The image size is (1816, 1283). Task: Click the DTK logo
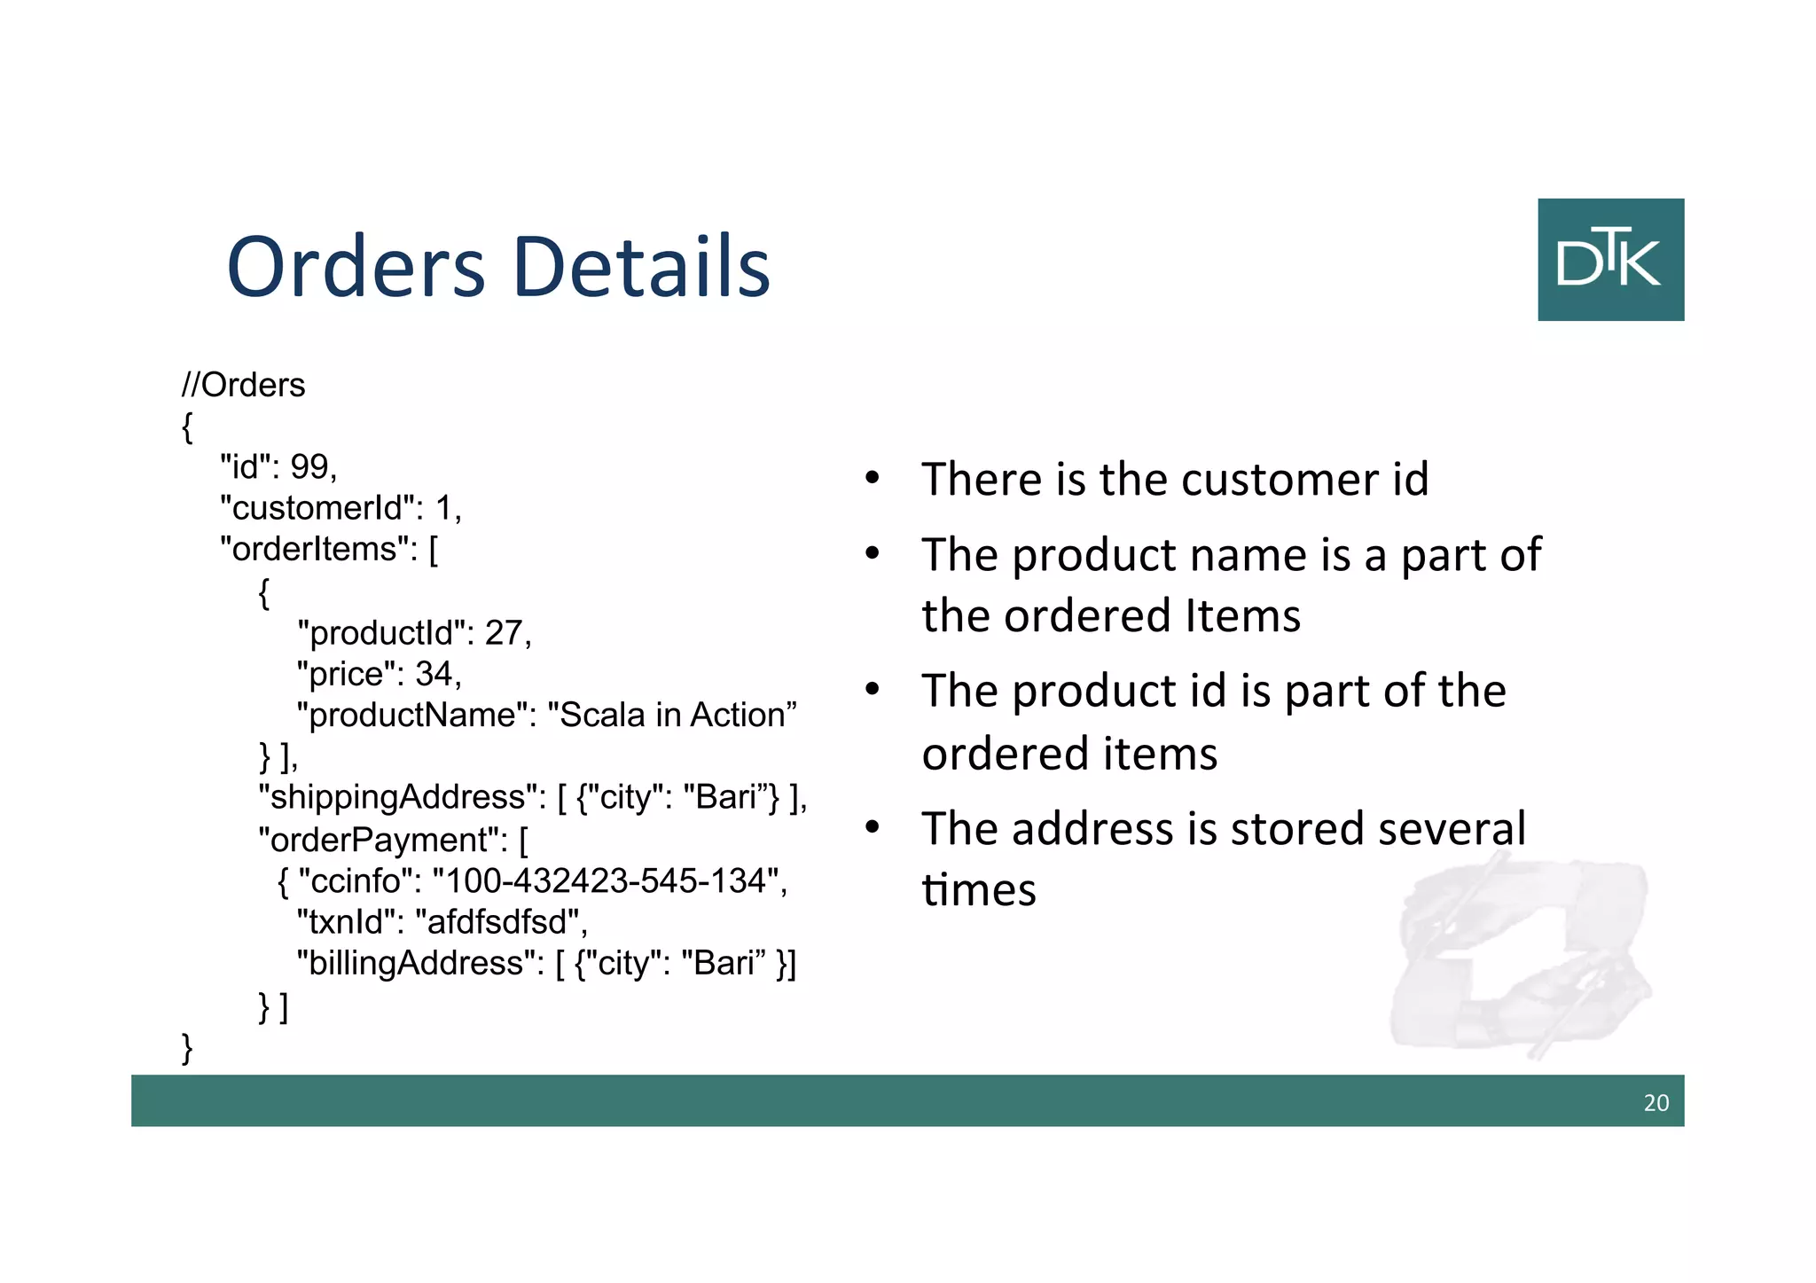click(1610, 259)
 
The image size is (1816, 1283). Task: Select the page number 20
click(1656, 1103)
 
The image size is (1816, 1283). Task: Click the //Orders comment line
click(243, 385)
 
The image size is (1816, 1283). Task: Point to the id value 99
click(309, 466)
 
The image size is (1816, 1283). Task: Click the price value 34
click(434, 674)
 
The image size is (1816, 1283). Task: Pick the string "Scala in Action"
click(672, 715)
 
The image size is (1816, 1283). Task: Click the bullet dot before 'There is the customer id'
click(873, 479)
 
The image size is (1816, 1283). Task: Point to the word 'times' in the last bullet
click(978, 889)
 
